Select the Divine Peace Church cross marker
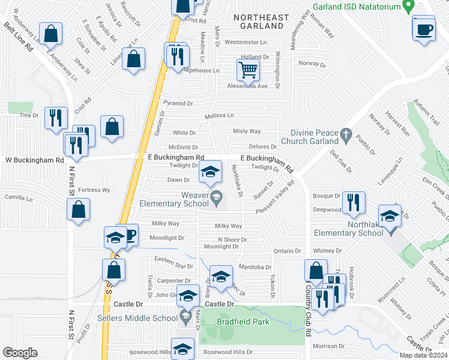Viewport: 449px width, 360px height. pyautogui.click(x=345, y=136)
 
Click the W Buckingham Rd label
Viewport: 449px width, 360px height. pyautogui.click(x=34, y=160)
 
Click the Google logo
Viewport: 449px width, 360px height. pyautogui.click(x=20, y=353)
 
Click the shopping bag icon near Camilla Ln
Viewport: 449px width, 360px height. pyautogui.click(x=78, y=210)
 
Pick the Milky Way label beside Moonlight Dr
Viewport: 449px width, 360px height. pyautogui.click(x=165, y=223)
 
